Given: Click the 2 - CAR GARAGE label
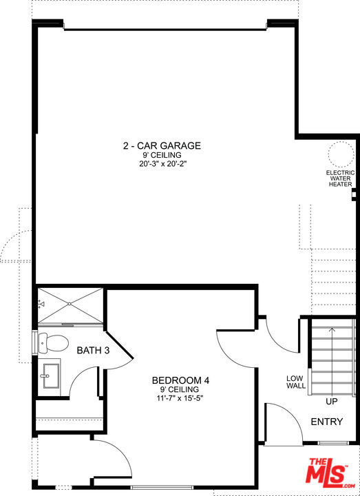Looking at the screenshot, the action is pyautogui.click(x=162, y=145).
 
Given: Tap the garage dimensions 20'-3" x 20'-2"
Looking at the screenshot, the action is pyautogui.click(x=162, y=164).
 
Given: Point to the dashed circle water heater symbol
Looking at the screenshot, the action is pyautogui.click(x=341, y=154).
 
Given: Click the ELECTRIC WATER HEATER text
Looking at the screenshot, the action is pyautogui.click(x=341, y=178).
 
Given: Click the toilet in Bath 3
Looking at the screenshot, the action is pyautogui.click(x=53, y=342).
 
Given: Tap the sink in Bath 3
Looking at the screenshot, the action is pyautogui.click(x=50, y=376).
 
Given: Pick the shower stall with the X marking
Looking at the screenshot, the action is pyautogui.click(x=70, y=305).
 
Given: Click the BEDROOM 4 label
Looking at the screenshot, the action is pyautogui.click(x=181, y=380).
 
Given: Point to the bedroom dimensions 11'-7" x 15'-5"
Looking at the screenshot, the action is pyautogui.click(x=180, y=398).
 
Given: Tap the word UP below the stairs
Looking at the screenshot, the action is pyautogui.click(x=332, y=402).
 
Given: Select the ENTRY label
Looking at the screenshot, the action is pyautogui.click(x=327, y=422).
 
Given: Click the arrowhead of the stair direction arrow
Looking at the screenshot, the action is pyautogui.click(x=332, y=329).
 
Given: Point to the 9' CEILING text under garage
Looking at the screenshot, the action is pyautogui.click(x=162, y=155).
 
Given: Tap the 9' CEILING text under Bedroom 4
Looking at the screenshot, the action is pyautogui.click(x=180, y=389).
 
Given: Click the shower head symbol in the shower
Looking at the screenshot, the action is pyautogui.click(x=41, y=305).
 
